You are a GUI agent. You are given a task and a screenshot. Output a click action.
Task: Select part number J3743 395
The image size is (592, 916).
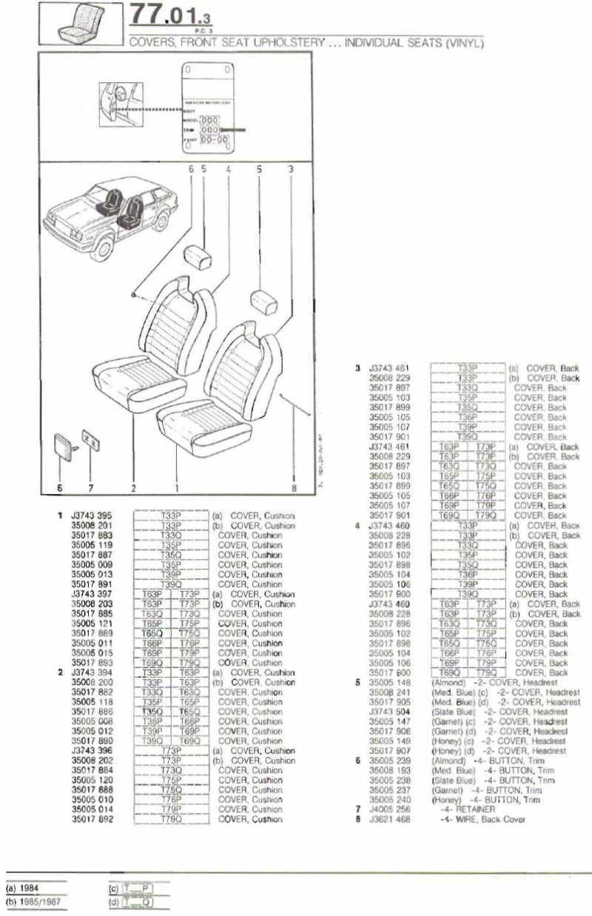click(x=91, y=516)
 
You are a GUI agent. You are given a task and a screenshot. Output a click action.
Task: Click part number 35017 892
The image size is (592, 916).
click(x=91, y=820)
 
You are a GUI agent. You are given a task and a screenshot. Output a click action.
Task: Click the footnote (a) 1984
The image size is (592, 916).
click(x=22, y=888)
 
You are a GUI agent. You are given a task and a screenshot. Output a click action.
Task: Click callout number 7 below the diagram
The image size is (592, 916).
click(x=90, y=488)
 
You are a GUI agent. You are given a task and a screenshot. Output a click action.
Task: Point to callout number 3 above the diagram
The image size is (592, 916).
click(x=291, y=169)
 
